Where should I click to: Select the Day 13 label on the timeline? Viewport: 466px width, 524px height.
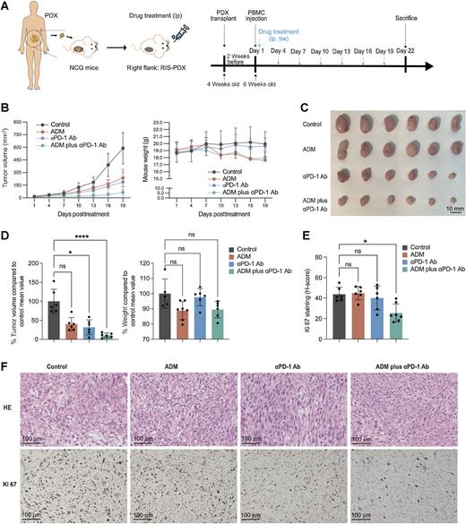[341, 52]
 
